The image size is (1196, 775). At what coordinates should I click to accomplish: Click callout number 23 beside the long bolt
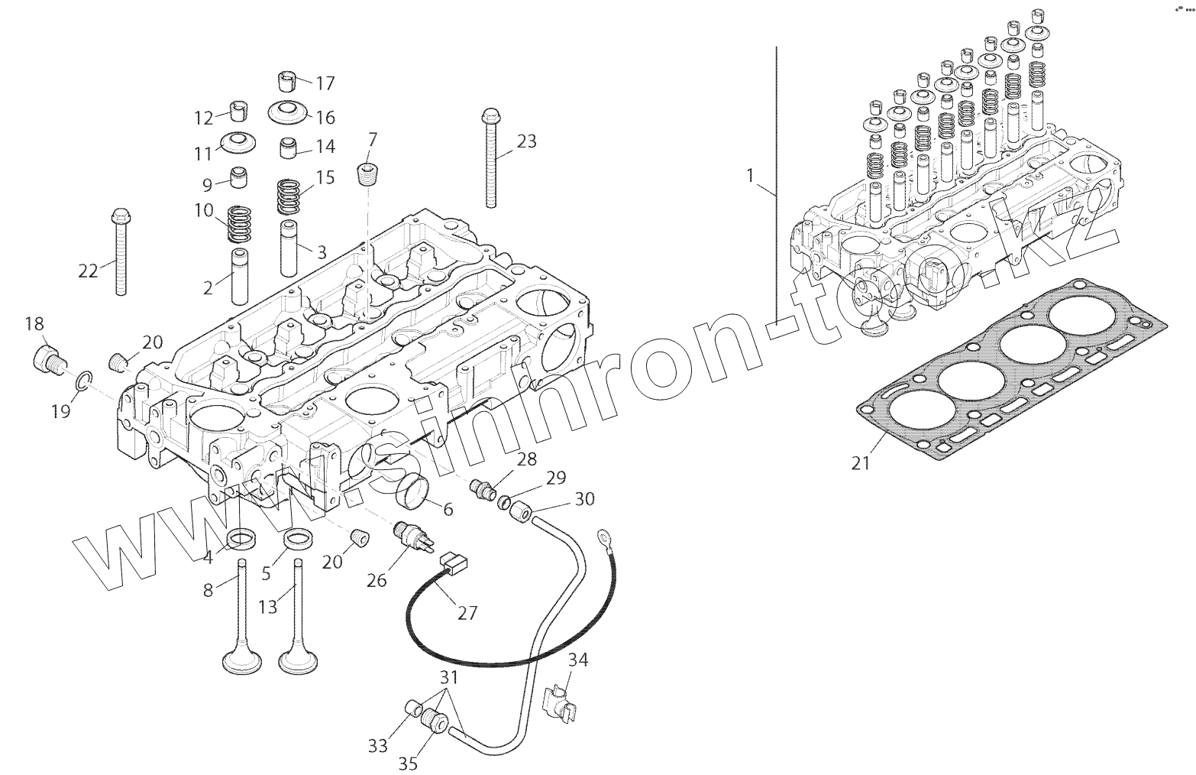pos(527,141)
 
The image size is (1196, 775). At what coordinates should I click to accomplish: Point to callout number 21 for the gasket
pos(861,462)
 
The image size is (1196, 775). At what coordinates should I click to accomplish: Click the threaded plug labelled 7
pos(369,174)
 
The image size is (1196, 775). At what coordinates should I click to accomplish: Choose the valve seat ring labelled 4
pos(243,538)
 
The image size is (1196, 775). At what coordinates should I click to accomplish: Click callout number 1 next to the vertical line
pos(750,176)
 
